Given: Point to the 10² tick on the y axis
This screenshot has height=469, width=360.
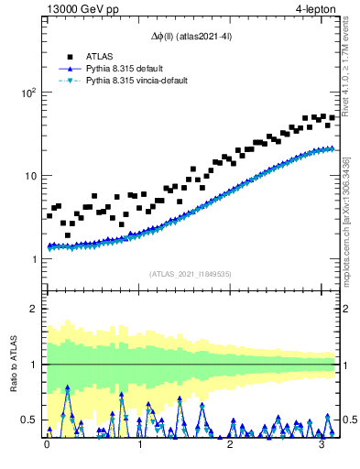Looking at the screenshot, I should tap(27, 93).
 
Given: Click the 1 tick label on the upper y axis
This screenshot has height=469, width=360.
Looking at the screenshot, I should tap(33, 259).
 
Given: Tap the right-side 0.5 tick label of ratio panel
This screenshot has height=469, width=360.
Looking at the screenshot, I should tap(349, 420).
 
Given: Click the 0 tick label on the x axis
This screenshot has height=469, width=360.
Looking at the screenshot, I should tap(48, 445).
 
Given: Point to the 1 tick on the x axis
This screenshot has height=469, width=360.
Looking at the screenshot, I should tap(139, 445).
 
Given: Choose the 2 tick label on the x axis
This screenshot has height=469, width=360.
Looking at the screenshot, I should tap(231, 445).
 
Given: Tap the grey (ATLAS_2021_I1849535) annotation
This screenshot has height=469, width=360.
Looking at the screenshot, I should tap(191, 273).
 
